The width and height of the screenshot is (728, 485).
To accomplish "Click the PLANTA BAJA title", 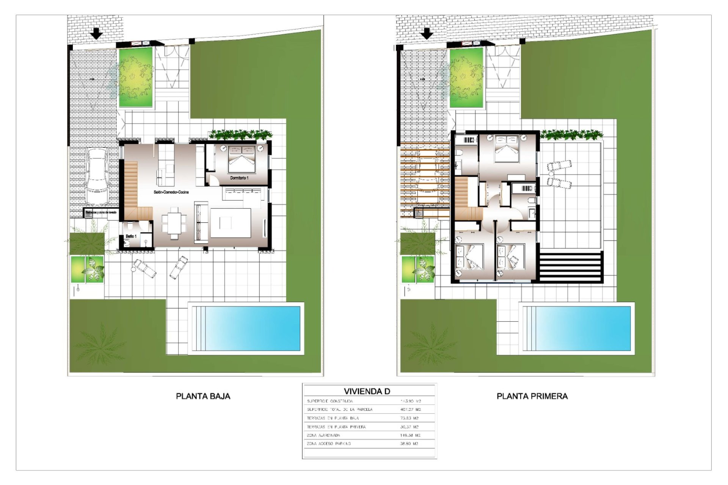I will pos(203,396).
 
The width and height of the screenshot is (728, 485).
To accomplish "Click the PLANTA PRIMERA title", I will pos(532,396).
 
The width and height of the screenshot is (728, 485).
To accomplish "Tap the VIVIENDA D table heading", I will pos(367,391).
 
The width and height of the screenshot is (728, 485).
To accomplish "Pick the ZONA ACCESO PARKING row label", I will pos(329,443).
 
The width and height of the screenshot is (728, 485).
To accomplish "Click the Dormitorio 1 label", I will pos(239,178).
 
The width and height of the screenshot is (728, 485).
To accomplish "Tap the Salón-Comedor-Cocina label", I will pos(171,192).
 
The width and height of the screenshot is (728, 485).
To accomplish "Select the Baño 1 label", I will pos(131,236).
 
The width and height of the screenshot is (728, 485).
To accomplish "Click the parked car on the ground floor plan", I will pos(97,176).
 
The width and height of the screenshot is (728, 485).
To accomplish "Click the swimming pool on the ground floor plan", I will pos(246,329).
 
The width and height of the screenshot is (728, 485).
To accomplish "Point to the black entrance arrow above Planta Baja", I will pos(97,34).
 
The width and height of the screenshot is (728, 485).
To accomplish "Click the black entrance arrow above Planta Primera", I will pos(427,34).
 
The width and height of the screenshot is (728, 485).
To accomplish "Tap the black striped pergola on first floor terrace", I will pos(571,267).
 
